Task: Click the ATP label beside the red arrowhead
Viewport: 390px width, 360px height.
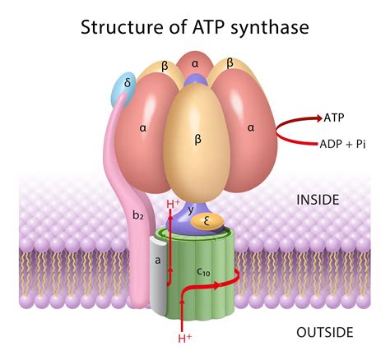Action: coord(334,118)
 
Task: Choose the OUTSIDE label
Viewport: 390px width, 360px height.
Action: coord(324,332)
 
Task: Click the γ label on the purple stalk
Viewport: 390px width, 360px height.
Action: coord(191,210)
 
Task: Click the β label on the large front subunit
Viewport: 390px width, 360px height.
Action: coord(197,141)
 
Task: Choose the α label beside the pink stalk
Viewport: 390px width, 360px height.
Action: coord(143,128)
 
